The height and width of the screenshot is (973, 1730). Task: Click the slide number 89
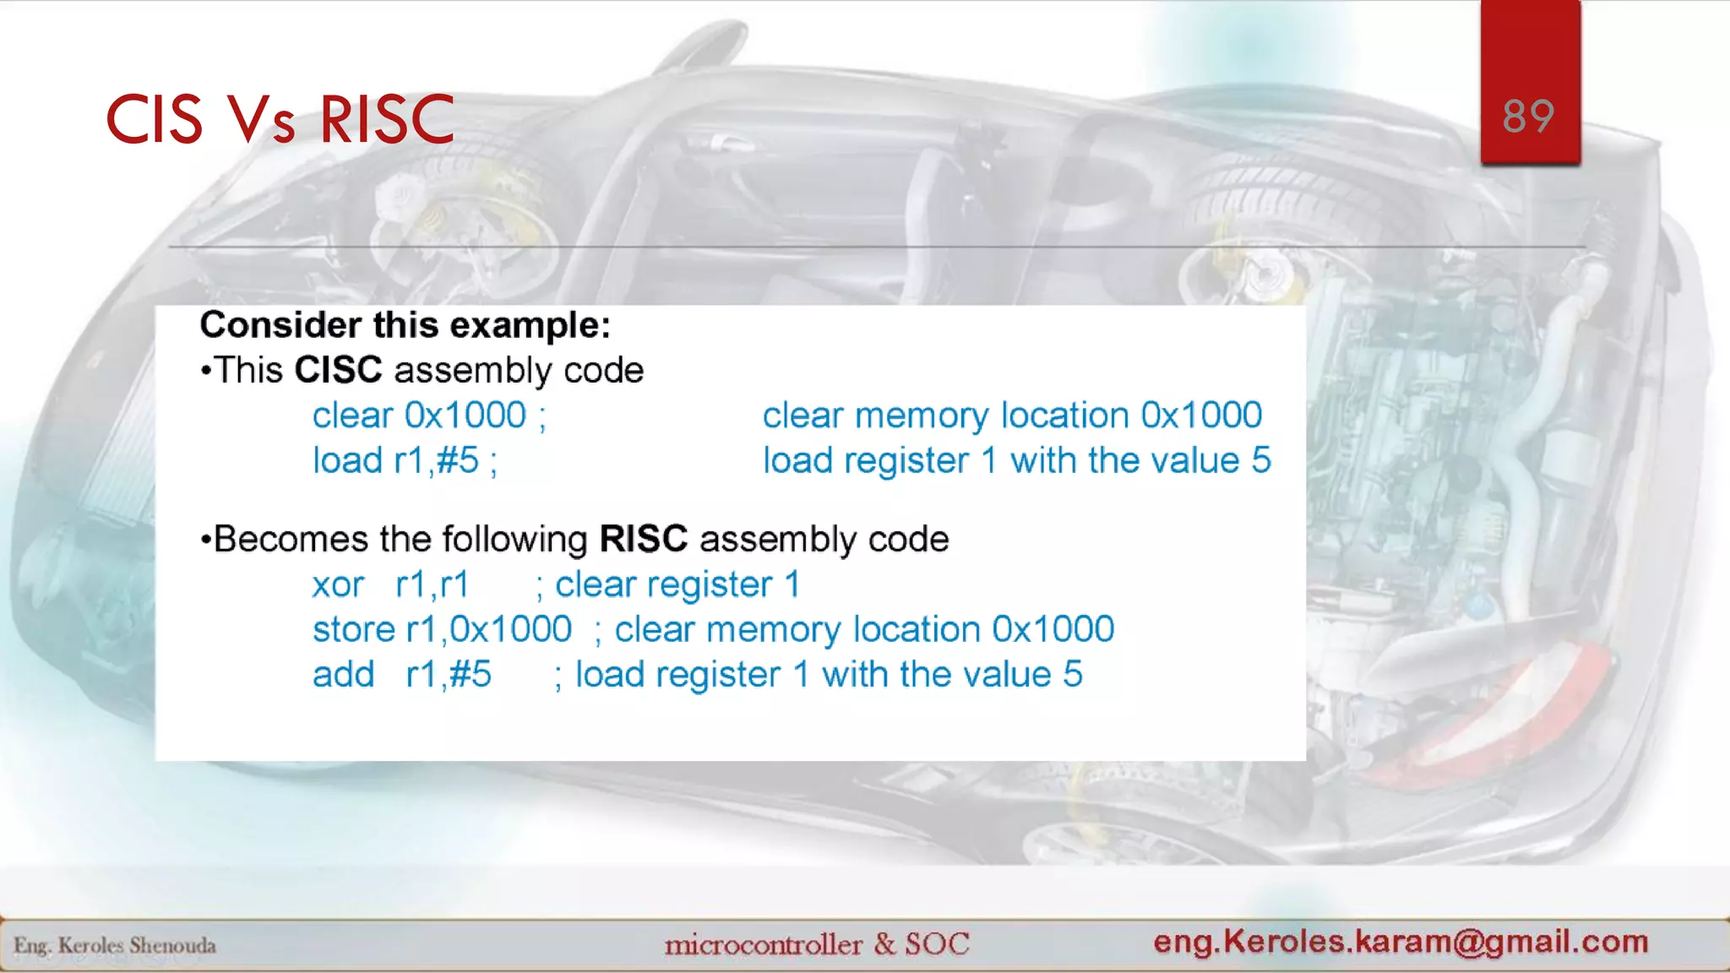click(x=1528, y=117)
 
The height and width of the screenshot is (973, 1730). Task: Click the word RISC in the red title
click(x=387, y=119)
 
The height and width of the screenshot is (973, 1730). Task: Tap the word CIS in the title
click(x=154, y=119)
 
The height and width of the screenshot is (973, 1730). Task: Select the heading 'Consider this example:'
click(x=405, y=325)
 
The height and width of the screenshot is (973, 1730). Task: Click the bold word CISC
click(x=338, y=370)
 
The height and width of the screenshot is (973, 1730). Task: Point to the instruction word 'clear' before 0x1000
click(x=352, y=416)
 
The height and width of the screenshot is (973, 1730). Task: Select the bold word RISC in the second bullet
click(x=643, y=539)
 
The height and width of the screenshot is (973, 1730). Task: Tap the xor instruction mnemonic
click(x=338, y=585)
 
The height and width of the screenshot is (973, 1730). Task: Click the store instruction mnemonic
click(x=353, y=630)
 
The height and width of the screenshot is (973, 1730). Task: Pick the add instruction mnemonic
click(x=343, y=675)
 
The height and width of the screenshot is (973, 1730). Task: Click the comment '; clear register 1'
click(x=667, y=584)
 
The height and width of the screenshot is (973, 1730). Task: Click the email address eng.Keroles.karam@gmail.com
click(x=1401, y=941)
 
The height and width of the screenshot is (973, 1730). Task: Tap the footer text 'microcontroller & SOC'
click(x=816, y=944)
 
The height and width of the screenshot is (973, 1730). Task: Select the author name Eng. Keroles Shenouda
click(x=115, y=946)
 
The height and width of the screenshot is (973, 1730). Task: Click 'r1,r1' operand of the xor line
click(x=432, y=584)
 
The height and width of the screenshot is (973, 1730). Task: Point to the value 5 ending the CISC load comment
click(x=1260, y=461)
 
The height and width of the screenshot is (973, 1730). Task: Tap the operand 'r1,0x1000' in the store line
click(x=488, y=630)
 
